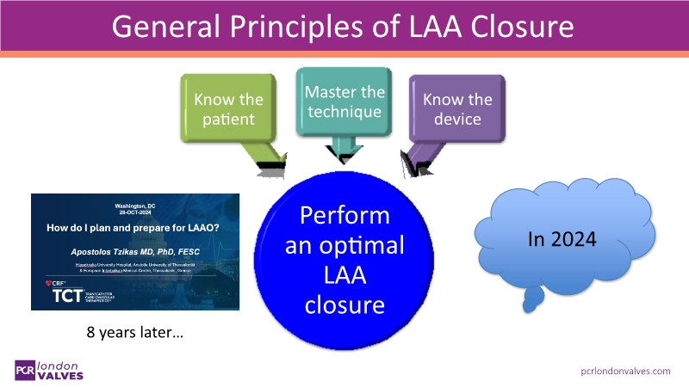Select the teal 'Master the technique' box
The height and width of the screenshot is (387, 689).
343,101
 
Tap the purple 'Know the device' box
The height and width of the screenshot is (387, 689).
457,108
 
